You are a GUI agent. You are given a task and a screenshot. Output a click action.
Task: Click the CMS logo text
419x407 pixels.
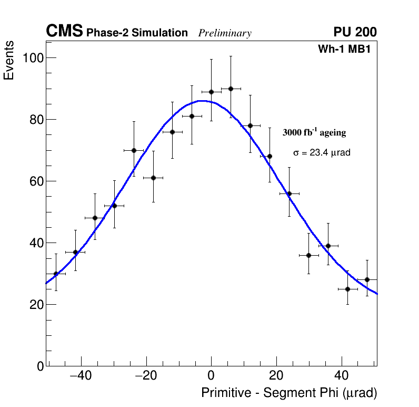64,32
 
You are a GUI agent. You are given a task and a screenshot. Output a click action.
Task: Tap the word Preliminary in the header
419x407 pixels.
225,34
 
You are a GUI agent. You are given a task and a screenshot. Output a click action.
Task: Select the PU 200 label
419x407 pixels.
355,33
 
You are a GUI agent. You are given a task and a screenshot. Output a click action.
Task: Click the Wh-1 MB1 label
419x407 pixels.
347,49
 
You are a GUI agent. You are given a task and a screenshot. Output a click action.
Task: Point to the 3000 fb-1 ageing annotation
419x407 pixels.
314,132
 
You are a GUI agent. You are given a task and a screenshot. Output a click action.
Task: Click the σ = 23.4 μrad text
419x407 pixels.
322,152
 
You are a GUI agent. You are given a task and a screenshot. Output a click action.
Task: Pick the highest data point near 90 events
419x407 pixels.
231,89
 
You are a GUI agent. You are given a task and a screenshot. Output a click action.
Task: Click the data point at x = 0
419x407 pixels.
211,92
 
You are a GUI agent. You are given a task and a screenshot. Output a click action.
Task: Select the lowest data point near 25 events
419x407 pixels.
347,289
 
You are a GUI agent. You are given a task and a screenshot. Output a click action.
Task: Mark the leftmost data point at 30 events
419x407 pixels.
56,274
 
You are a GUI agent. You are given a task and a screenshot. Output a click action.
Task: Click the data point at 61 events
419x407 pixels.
153,178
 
